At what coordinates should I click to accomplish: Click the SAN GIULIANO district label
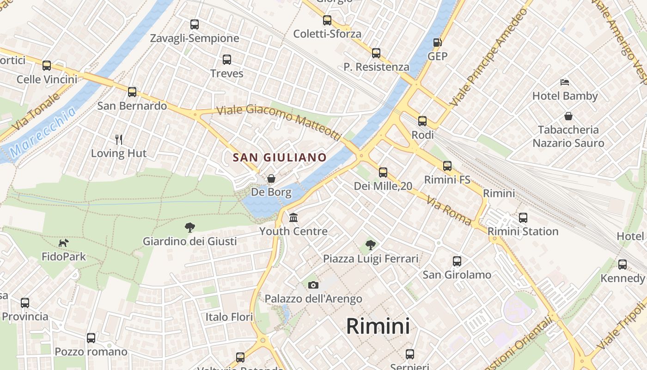pyautogui.click(x=280, y=157)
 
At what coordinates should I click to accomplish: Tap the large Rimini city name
pyautogui.click(x=378, y=327)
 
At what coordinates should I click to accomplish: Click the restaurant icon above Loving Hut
pyautogui.click(x=119, y=139)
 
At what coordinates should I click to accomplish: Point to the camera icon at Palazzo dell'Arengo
pyautogui.click(x=313, y=285)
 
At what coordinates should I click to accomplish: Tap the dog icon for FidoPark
pyautogui.click(x=64, y=242)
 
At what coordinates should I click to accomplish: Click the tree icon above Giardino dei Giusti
pyautogui.click(x=189, y=227)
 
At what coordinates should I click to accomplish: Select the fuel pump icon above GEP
pyautogui.click(x=437, y=43)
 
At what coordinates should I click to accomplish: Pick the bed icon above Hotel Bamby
pyautogui.click(x=565, y=82)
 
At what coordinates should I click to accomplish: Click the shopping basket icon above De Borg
pyautogui.click(x=271, y=179)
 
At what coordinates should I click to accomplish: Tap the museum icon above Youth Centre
pyautogui.click(x=293, y=217)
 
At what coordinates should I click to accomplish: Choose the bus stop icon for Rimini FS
pyautogui.click(x=447, y=166)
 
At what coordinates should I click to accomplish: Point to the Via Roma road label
pyautogui.click(x=449, y=211)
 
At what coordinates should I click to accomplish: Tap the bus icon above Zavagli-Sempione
pyautogui.click(x=195, y=24)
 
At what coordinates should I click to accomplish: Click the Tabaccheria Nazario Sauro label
pyautogui.click(x=568, y=136)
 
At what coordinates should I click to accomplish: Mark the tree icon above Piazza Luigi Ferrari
pyautogui.click(x=370, y=245)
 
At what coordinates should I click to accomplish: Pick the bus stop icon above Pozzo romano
pyautogui.click(x=91, y=338)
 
